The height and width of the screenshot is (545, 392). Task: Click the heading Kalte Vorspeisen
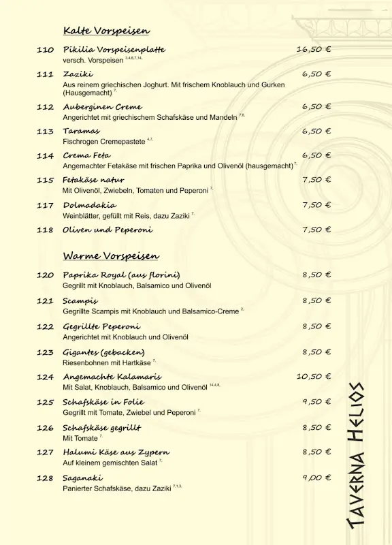[x=106, y=31]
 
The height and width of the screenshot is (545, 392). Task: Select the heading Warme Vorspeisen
[x=111, y=256]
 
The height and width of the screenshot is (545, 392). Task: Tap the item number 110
[x=45, y=50]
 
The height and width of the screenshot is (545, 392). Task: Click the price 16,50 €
[x=313, y=50]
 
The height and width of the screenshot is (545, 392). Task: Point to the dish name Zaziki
[x=78, y=74]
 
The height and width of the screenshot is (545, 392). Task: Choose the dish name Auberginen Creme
[x=102, y=107]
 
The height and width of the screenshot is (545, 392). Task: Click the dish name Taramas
[x=81, y=131]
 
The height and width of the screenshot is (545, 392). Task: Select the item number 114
[x=45, y=155]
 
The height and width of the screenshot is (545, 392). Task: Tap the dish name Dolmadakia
[x=89, y=204]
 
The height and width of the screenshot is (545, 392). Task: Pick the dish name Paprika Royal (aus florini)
[x=121, y=275]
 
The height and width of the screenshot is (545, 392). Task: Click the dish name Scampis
[x=80, y=300]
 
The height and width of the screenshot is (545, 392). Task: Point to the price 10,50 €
[x=313, y=376]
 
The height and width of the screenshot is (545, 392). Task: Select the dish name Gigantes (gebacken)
[x=103, y=352]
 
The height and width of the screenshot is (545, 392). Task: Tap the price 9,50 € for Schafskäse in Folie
[x=316, y=402]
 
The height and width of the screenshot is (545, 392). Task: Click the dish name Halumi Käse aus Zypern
[x=116, y=452]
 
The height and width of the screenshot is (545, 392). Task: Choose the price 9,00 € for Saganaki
[x=316, y=478]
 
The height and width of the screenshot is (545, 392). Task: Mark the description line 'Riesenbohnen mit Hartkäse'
[x=107, y=363]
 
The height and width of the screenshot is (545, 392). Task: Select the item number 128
[x=45, y=478]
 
